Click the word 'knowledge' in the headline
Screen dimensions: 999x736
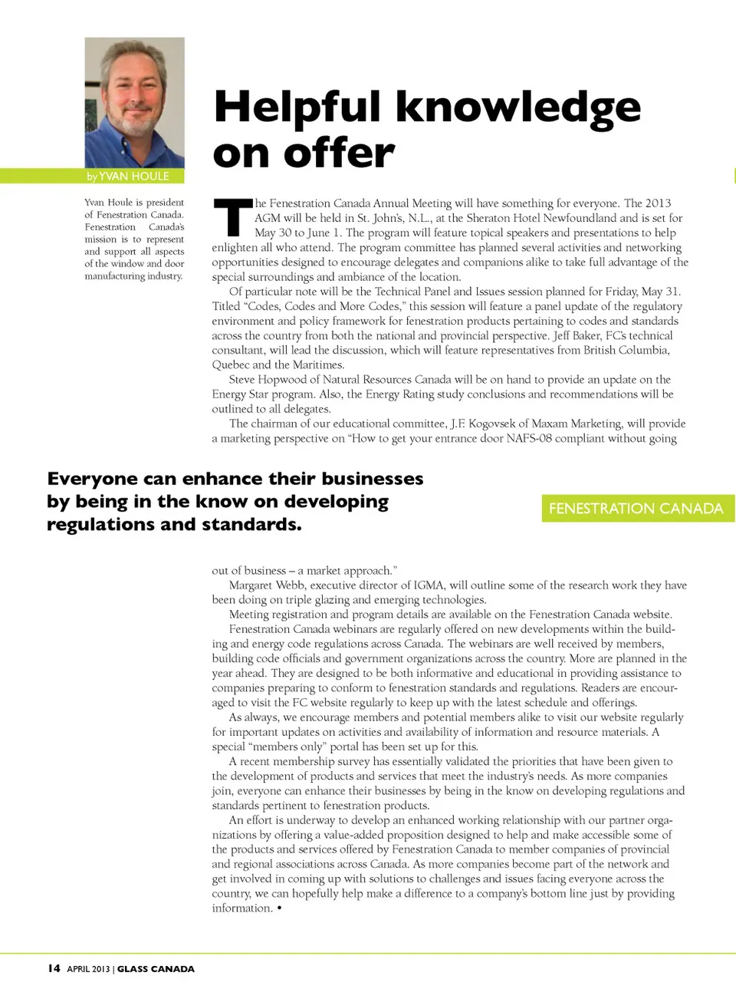pyautogui.click(x=518, y=107)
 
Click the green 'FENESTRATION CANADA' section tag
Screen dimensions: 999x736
pyautogui.click(x=636, y=508)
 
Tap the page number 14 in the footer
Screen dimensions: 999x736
pyautogui.click(x=54, y=968)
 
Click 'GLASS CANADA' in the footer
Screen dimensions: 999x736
pyautogui.click(x=156, y=969)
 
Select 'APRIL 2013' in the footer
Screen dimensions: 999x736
pyautogui.click(x=88, y=969)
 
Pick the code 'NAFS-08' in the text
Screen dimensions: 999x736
pyautogui.click(x=529, y=438)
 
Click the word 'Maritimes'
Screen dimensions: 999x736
pyautogui.click(x=318, y=364)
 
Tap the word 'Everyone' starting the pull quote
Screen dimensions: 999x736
pyautogui.click(x=93, y=479)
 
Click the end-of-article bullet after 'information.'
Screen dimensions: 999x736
pyautogui.click(x=279, y=908)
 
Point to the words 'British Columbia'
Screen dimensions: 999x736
pyautogui.click(x=626, y=350)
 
